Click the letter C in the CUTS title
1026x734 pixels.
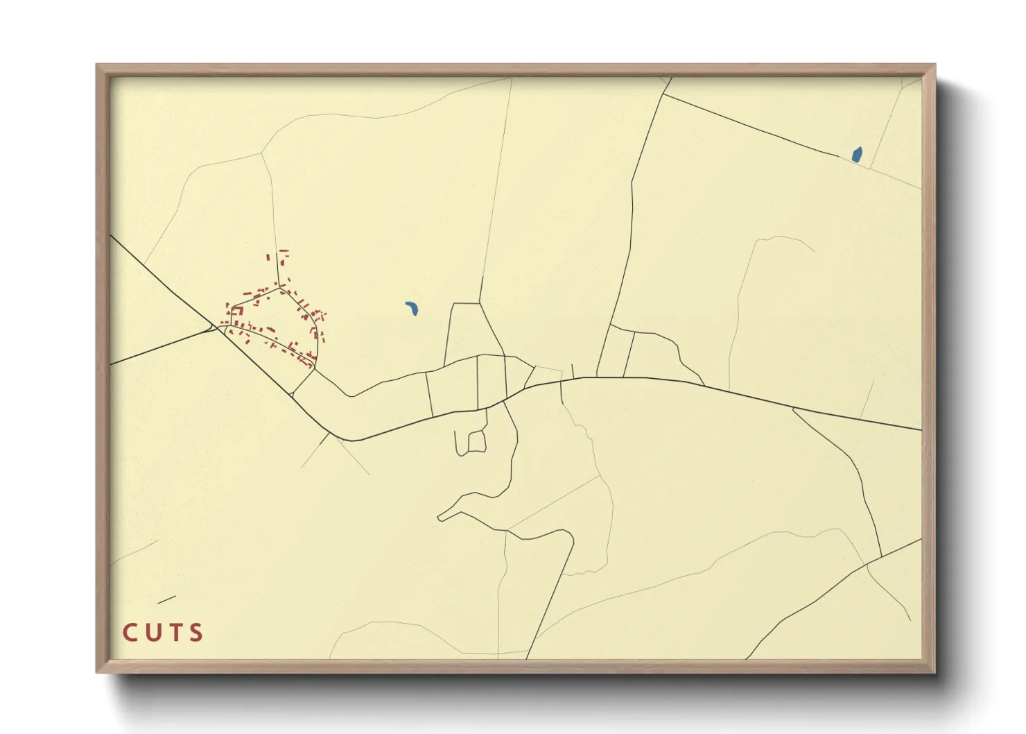(x=130, y=633)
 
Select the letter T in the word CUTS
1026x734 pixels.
(x=175, y=633)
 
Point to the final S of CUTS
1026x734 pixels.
(x=197, y=633)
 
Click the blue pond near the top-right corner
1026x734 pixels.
(x=857, y=155)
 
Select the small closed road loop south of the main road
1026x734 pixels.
(x=476, y=441)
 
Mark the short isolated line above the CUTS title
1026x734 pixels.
(x=166, y=599)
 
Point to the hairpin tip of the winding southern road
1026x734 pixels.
(x=440, y=517)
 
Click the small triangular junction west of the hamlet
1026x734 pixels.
(x=213, y=327)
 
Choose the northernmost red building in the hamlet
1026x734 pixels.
(x=283, y=251)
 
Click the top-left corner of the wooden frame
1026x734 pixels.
(x=97, y=65)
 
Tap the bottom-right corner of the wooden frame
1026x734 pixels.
(x=934, y=672)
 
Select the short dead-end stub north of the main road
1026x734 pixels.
(x=573, y=370)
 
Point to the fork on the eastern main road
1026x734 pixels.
(x=792, y=409)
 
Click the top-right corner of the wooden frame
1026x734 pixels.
(x=934, y=65)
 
